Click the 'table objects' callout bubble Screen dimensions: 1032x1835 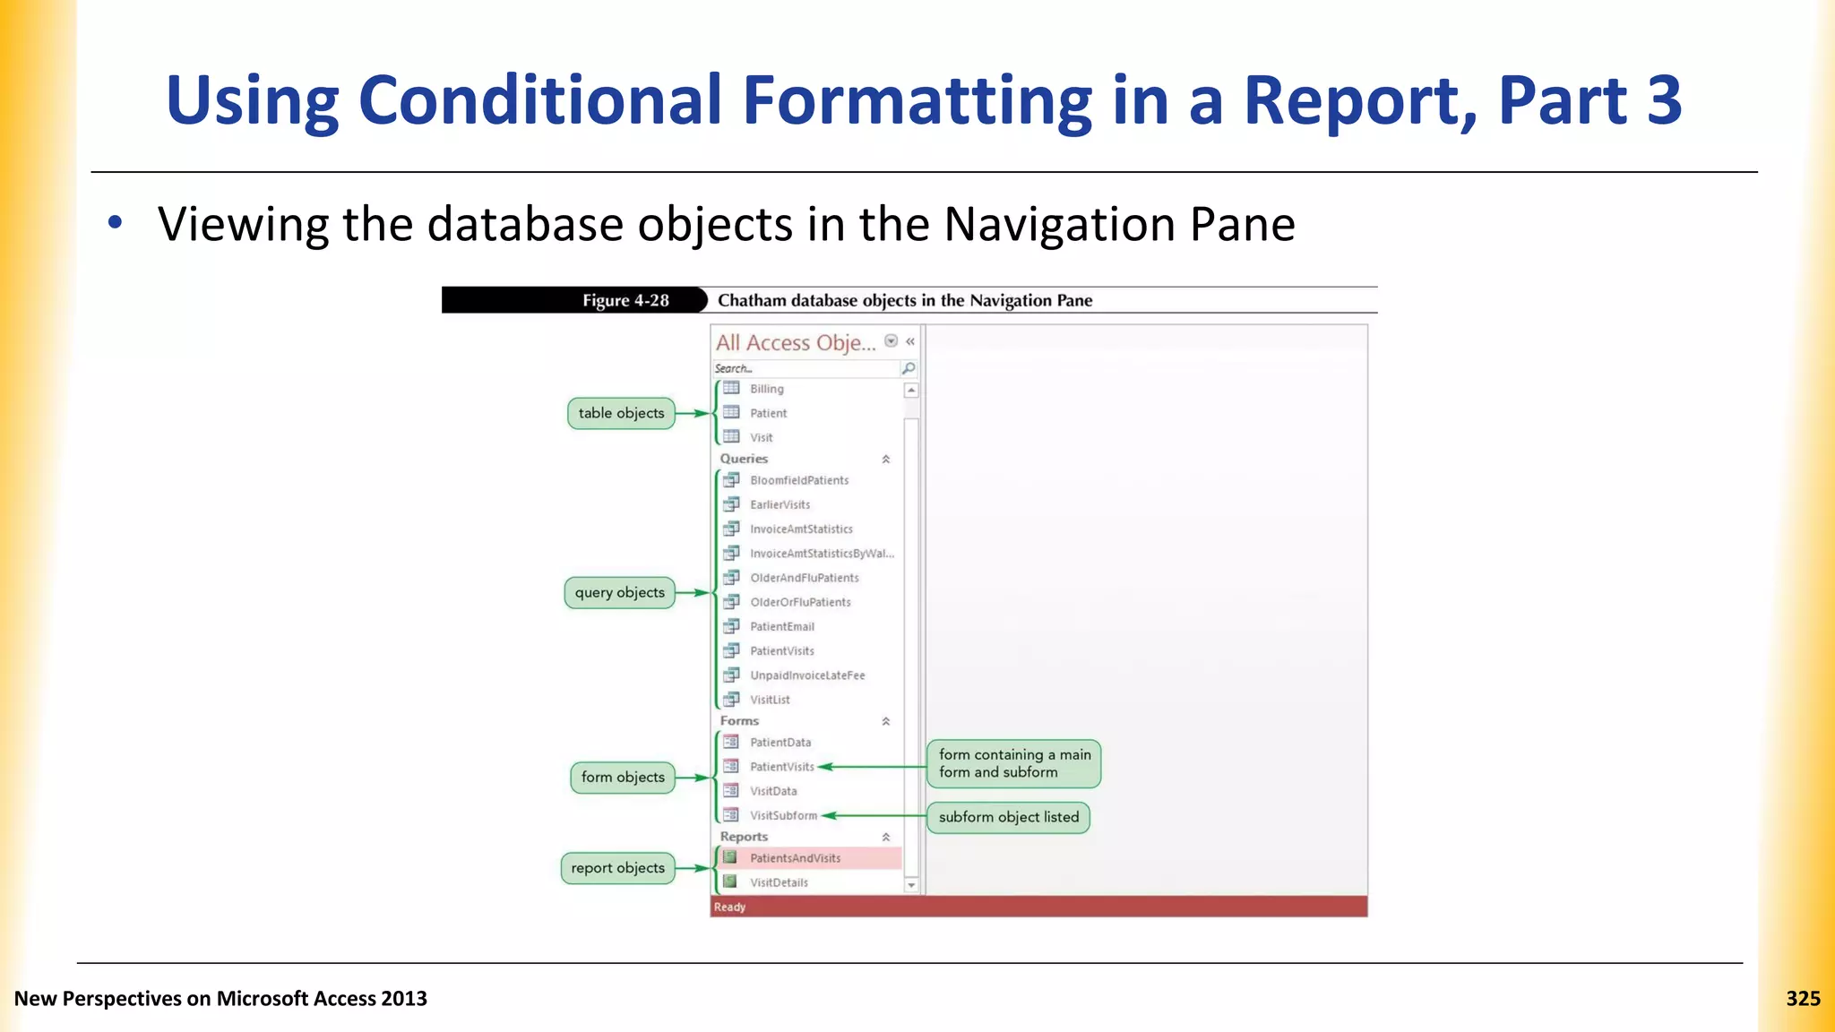point(621,413)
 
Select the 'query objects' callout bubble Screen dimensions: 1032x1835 point(619,592)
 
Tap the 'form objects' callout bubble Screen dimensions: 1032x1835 point(623,777)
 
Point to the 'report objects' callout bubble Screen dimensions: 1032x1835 point(617,867)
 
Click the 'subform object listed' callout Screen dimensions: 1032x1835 point(1008,817)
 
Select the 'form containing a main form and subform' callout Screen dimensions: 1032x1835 point(1013,763)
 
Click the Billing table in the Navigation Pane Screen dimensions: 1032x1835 point(766,389)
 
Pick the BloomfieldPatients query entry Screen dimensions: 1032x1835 point(798,480)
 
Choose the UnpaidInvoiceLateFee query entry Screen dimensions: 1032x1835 point(806,675)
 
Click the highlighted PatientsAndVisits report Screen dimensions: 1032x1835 point(795,858)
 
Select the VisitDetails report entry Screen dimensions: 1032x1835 point(778,882)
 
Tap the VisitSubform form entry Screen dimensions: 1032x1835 point(782,815)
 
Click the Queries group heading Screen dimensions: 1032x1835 point(744,459)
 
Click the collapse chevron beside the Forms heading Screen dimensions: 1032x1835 point(885,721)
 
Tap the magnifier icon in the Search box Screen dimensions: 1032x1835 point(908,368)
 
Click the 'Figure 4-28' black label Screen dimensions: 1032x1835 point(625,300)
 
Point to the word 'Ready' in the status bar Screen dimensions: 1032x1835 point(729,907)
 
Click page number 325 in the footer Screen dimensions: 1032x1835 point(1802,999)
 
